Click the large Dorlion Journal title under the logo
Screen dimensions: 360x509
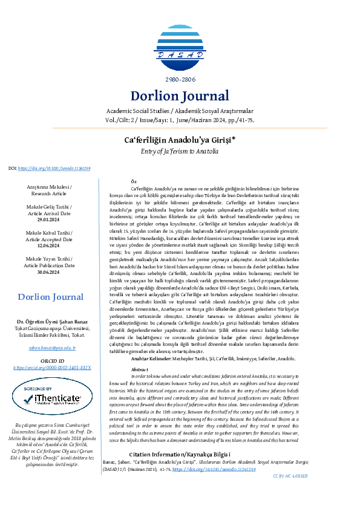click(180, 96)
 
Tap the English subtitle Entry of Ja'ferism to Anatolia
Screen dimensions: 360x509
click(180, 151)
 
